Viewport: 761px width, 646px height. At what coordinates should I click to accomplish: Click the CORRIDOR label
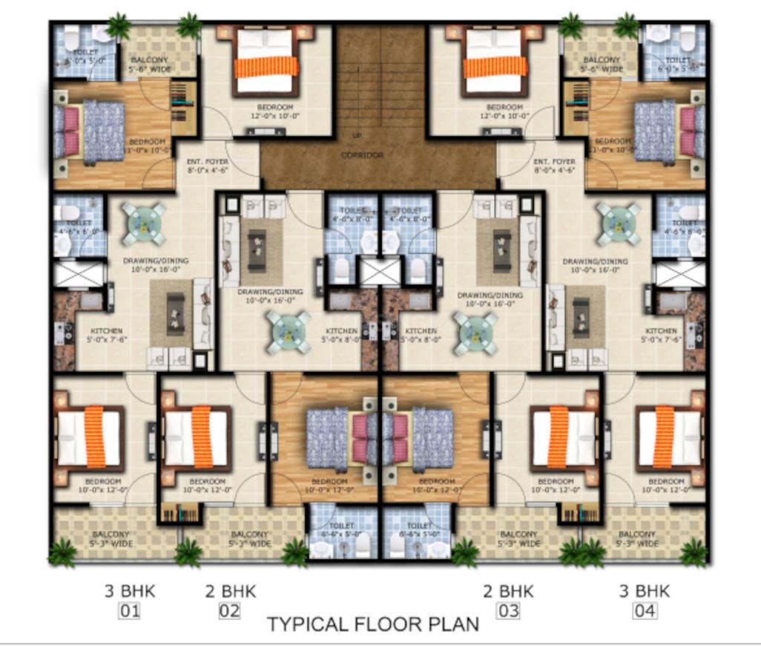click(x=362, y=155)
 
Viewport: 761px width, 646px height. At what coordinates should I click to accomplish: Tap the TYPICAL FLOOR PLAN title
click(x=372, y=624)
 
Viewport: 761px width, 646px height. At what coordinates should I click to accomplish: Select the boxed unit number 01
click(x=131, y=613)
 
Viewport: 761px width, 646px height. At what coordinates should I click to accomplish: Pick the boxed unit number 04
click(x=644, y=613)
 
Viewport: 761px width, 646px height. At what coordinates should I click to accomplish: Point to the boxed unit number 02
click(x=230, y=613)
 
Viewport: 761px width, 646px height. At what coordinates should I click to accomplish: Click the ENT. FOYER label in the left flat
click(x=196, y=166)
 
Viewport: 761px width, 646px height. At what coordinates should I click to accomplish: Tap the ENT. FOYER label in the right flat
click(x=554, y=166)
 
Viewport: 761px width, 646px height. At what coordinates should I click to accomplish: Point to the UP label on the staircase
click(x=357, y=136)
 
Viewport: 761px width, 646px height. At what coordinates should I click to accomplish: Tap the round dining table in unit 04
click(x=619, y=222)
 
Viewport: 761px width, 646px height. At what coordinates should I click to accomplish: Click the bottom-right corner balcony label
click(x=639, y=539)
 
